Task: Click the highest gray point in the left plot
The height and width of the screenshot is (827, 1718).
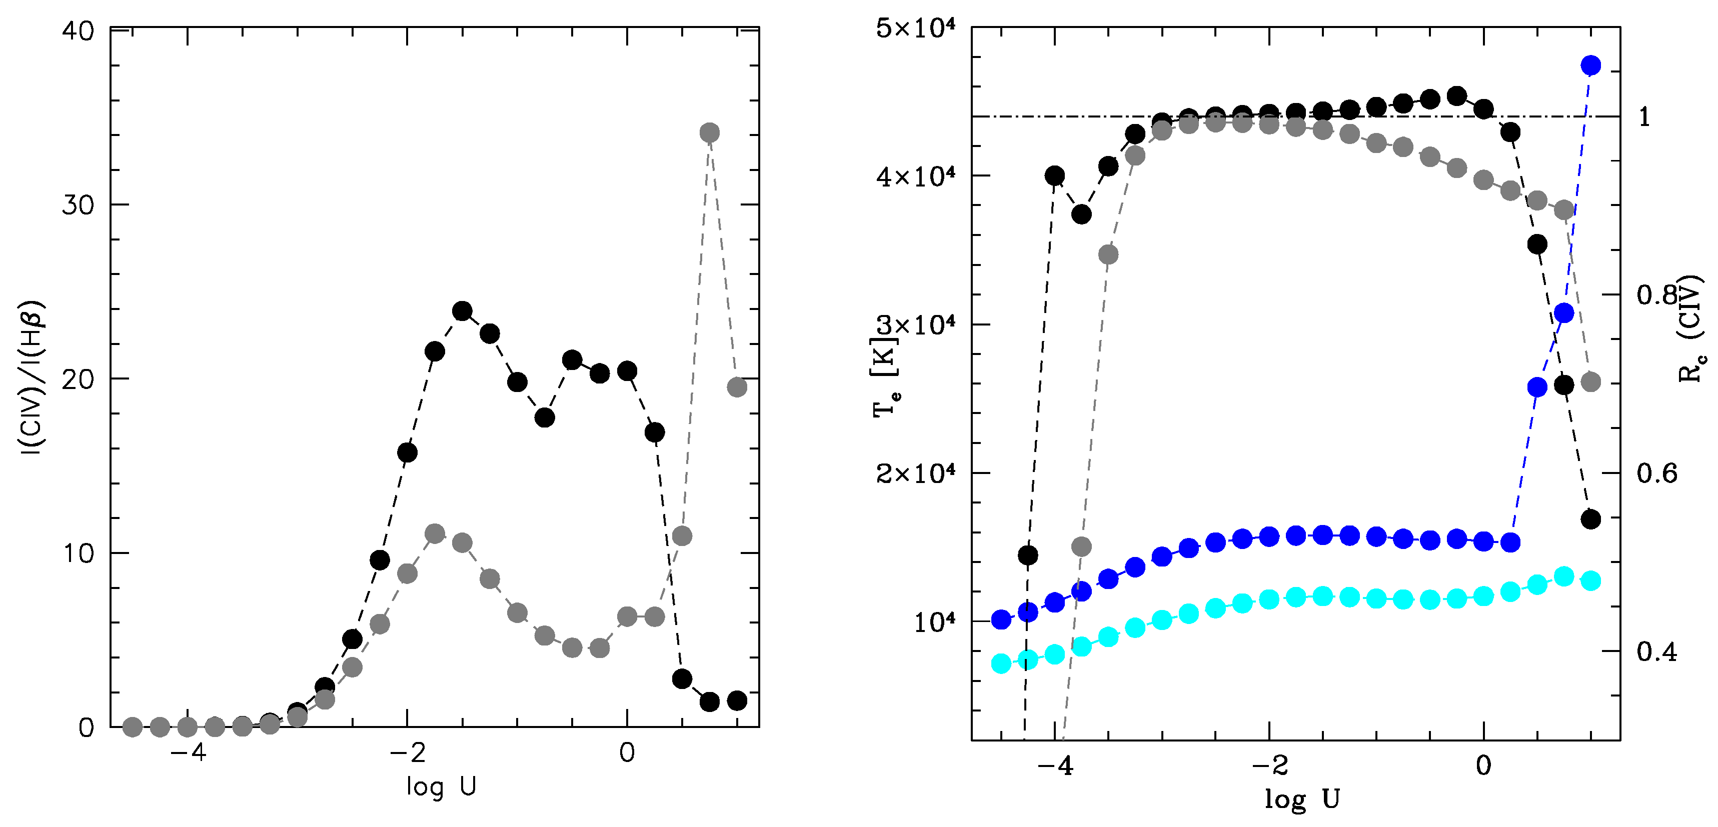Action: coord(710,132)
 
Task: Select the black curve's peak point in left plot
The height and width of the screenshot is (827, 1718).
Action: coord(462,311)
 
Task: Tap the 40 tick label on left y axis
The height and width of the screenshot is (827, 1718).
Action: coord(78,32)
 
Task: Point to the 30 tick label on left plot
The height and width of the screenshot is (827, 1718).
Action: coord(78,204)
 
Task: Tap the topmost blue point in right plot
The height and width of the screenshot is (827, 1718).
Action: coord(1590,65)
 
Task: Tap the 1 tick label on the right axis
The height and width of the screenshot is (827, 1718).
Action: coord(1644,117)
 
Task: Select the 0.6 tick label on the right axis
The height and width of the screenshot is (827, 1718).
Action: coord(1656,473)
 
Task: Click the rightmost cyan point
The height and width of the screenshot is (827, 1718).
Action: coord(1590,580)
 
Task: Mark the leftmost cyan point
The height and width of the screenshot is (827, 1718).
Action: coord(1001,663)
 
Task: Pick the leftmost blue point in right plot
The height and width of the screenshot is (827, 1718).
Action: coord(1001,619)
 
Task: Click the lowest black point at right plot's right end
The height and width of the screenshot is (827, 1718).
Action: coord(1590,519)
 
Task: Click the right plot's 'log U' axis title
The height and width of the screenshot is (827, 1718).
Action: coord(1301,799)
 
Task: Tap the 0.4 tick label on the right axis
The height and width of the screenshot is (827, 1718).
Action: coord(1656,651)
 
